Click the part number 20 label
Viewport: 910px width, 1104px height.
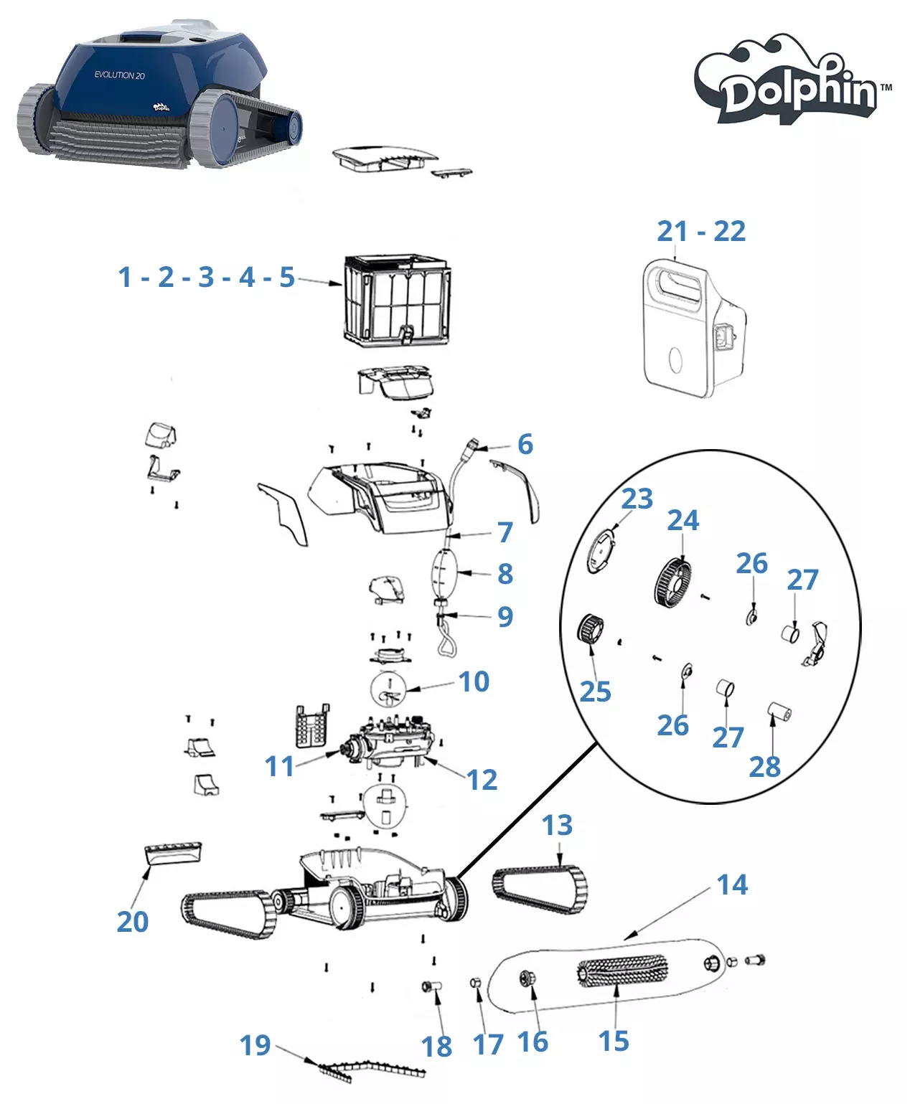132,922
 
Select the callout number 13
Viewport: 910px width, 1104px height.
557,826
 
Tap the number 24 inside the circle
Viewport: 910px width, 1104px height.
682,521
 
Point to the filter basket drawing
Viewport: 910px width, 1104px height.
397,299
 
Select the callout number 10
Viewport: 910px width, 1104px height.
474,681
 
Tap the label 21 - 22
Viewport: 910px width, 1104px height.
701,232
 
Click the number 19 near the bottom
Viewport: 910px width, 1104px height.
255,1046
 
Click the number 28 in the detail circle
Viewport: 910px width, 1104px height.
764,767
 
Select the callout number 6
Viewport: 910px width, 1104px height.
525,445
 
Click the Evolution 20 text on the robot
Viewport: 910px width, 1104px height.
120,75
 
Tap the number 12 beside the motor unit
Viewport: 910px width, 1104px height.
482,780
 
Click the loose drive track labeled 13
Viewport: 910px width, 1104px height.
540,890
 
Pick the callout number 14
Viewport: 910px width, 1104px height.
732,885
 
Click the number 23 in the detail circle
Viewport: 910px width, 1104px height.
637,499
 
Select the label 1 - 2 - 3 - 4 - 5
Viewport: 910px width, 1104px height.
207,277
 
